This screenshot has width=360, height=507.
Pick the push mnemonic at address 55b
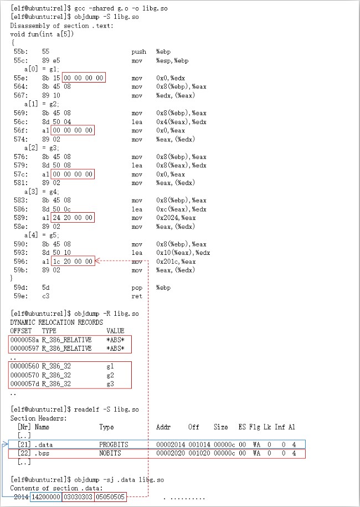coord(138,52)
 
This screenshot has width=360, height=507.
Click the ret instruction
coord(137,296)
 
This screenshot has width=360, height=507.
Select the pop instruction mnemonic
coord(137,288)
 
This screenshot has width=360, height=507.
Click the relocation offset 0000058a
coord(24,340)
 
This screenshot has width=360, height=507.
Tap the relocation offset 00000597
coord(24,349)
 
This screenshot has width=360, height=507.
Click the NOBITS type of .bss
coord(110,454)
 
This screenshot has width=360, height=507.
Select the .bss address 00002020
coord(169,454)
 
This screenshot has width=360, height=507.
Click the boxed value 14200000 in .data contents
coord(45,497)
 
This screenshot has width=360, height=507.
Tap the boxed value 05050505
coord(110,497)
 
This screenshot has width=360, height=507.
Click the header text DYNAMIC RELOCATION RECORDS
coord(56,322)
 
